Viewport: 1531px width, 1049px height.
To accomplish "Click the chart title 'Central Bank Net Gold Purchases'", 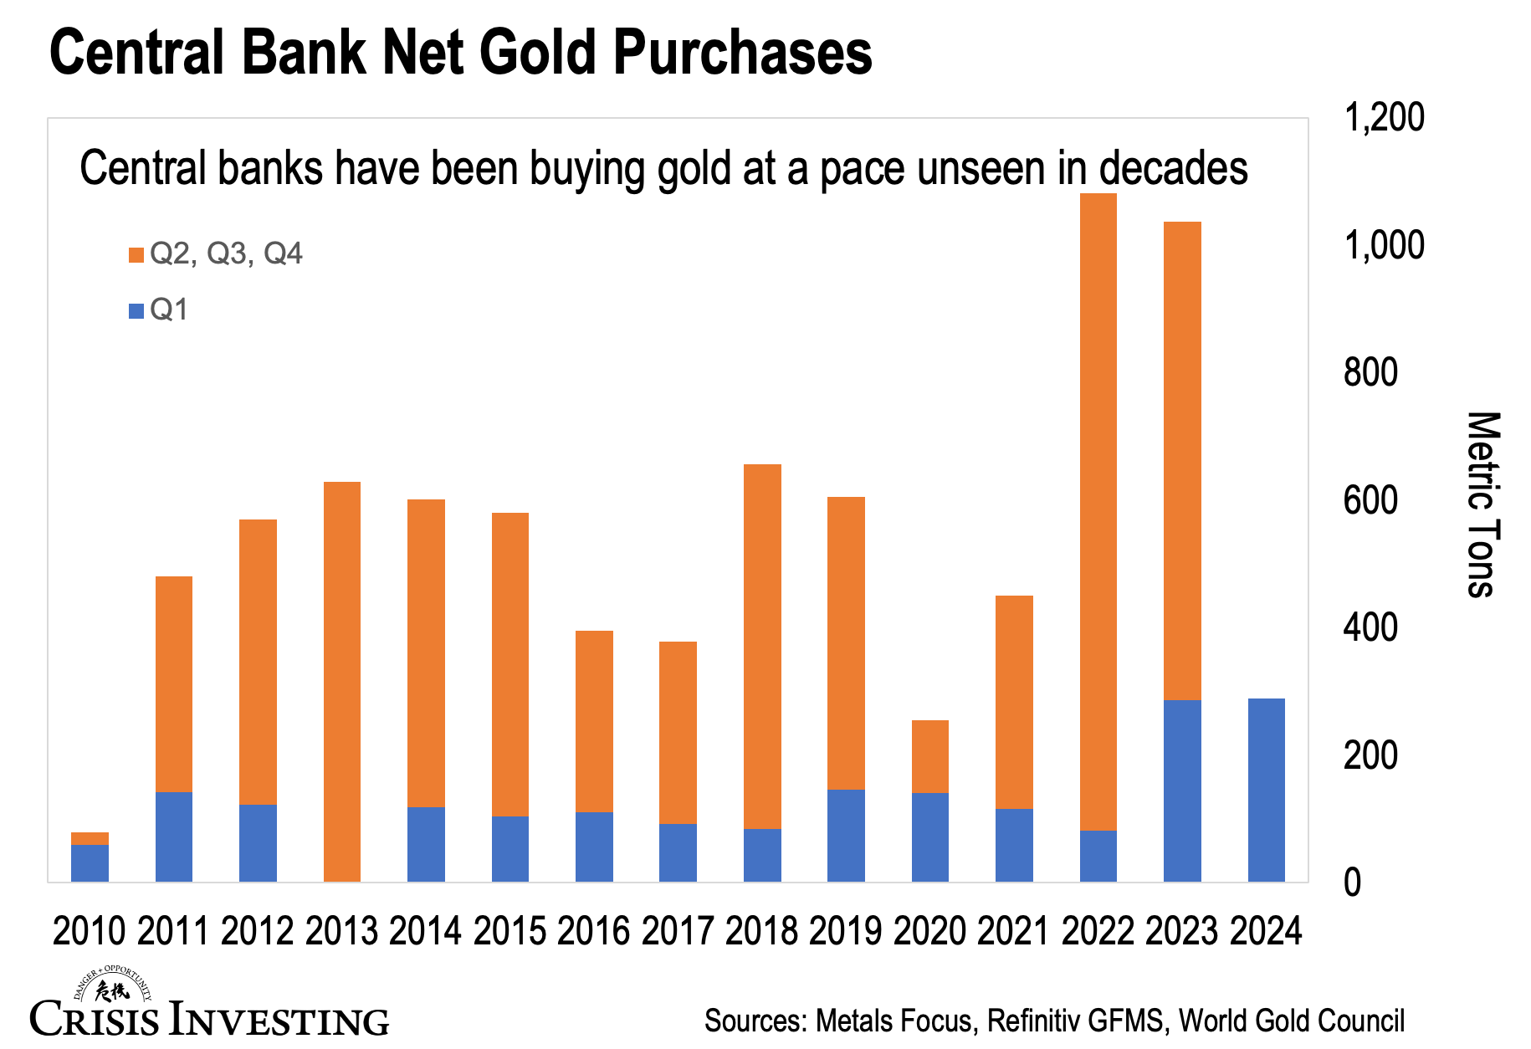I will (x=460, y=52).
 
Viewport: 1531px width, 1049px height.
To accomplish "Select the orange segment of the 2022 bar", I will (x=1098, y=510).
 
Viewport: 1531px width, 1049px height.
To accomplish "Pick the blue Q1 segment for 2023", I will (x=1182, y=790).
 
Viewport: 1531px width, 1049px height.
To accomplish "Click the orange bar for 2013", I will (x=341, y=681).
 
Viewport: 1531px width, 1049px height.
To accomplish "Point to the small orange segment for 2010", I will (x=90, y=838).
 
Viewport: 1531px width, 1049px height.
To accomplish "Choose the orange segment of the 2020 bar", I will (x=929, y=756).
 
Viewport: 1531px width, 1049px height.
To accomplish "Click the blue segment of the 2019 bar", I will (x=846, y=835).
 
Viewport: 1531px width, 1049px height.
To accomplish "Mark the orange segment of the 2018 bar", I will (x=762, y=646).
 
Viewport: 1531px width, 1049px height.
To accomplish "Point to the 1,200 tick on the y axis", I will (x=1383, y=118).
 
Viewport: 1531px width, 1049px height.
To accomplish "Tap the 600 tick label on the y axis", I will (x=1370, y=500).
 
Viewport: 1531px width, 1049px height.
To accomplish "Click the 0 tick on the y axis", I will (x=1352, y=883).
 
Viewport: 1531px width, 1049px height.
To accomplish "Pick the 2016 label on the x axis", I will (x=593, y=931).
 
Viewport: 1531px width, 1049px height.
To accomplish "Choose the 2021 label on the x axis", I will (x=1013, y=931).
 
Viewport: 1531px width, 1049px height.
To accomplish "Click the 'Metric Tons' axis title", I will (x=1482, y=504).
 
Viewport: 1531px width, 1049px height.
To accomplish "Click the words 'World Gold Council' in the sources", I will (x=1291, y=1021).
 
